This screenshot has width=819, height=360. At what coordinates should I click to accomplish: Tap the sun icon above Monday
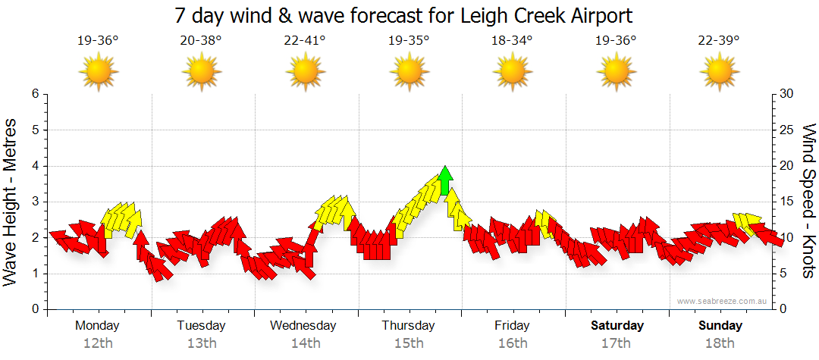coord(98,73)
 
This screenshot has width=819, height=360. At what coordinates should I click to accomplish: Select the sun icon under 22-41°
coord(305,73)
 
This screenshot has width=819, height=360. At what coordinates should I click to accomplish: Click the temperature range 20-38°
coord(201,41)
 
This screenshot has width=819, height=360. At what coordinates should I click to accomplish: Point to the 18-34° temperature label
coord(512,41)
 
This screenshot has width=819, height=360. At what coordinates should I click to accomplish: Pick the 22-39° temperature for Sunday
coord(719,41)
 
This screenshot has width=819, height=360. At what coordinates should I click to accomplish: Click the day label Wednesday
coord(303,326)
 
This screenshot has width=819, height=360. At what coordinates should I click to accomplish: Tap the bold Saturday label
coord(617,326)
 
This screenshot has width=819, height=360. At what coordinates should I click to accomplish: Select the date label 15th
coord(409,343)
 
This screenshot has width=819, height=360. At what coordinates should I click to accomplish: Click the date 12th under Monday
coord(98,343)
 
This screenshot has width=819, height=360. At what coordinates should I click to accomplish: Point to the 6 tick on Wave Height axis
coord(35,94)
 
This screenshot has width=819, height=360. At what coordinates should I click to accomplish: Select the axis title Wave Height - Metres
coord(11,202)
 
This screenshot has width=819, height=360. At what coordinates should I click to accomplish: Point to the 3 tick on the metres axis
coord(35,202)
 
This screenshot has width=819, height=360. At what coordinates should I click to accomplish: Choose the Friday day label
coord(513,326)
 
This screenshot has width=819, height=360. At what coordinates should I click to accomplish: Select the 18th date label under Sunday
coord(720,343)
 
